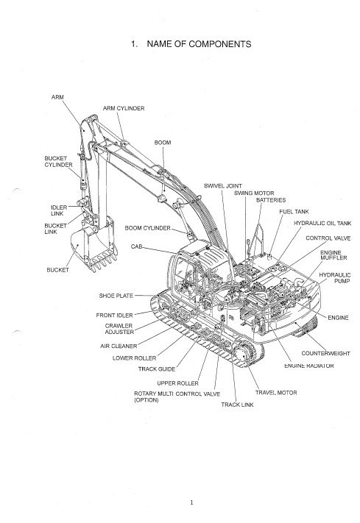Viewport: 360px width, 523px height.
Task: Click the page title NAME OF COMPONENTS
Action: click(x=199, y=44)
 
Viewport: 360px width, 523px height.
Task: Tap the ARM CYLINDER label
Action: click(x=124, y=108)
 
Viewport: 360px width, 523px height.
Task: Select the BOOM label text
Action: click(x=163, y=143)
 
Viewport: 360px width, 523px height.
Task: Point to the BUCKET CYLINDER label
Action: click(x=58, y=161)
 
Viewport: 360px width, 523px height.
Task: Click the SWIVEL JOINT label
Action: click(x=223, y=186)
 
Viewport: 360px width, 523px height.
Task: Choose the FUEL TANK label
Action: click(x=294, y=211)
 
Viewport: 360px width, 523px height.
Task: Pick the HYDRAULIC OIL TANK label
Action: click(x=322, y=223)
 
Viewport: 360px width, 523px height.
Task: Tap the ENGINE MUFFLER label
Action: click(x=333, y=255)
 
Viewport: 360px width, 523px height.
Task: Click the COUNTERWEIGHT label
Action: click(x=325, y=353)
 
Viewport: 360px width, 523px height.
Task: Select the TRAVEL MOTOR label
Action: click(x=276, y=393)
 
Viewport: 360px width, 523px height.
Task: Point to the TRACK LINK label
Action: click(x=238, y=405)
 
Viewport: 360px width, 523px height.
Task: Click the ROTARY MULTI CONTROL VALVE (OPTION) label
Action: click(x=177, y=397)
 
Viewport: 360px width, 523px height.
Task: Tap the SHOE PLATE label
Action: click(x=116, y=296)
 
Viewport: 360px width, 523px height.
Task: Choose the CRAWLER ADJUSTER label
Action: click(x=119, y=329)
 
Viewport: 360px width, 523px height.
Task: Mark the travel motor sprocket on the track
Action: click(x=243, y=355)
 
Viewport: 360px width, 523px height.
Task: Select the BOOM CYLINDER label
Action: click(x=147, y=228)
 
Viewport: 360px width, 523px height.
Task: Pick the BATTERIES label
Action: click(x=271, y=200)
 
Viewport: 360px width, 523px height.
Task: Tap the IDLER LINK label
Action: click(x=59, y=210)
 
